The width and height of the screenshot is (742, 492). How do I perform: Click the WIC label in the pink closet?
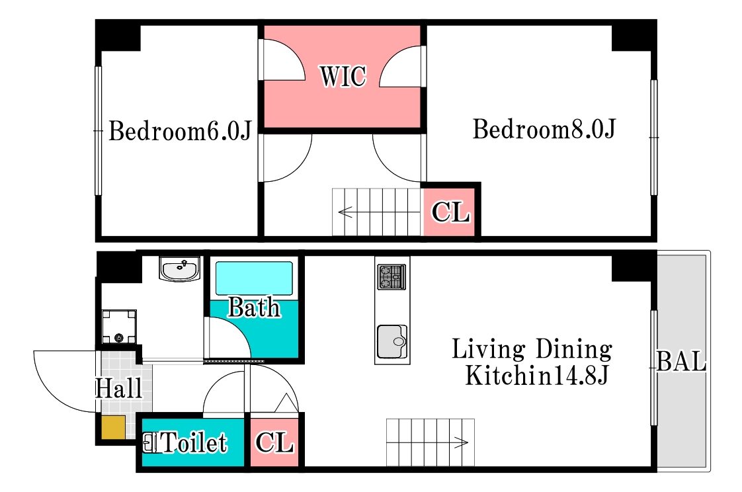pos(343,76)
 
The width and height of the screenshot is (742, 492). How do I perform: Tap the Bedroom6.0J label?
pos(180,130)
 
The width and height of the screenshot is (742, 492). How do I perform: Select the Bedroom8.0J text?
pos(544,129)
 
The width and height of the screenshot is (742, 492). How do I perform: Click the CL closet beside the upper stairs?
pos(450,212)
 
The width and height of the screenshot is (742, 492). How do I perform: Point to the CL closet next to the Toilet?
pos(274,442)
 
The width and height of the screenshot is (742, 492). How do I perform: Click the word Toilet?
pos(194,443)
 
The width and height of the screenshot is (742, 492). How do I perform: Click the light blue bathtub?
pos(254,278)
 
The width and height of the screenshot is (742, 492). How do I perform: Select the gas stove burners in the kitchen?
pos(392,276)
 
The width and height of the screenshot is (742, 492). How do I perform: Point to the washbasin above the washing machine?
pos(179,268)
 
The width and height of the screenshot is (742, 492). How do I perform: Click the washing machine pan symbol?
pos(119,327)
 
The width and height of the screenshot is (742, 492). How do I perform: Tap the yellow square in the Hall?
pos(114,427)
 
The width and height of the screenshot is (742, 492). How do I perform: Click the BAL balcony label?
pos(682,362)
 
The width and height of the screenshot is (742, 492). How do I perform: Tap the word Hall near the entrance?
pos(119,388)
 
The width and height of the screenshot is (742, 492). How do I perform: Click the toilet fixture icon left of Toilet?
pos(151,443)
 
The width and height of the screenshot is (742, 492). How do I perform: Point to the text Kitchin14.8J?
pos(536,376)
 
